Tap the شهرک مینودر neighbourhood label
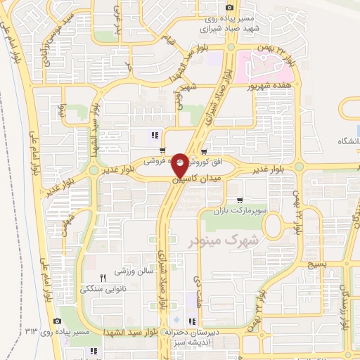coord(223,240)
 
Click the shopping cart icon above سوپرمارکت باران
coord(240,180)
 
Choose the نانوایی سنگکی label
coord(103,288)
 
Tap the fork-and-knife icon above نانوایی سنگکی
coord(103,278)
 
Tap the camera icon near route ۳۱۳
coord(56,321)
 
